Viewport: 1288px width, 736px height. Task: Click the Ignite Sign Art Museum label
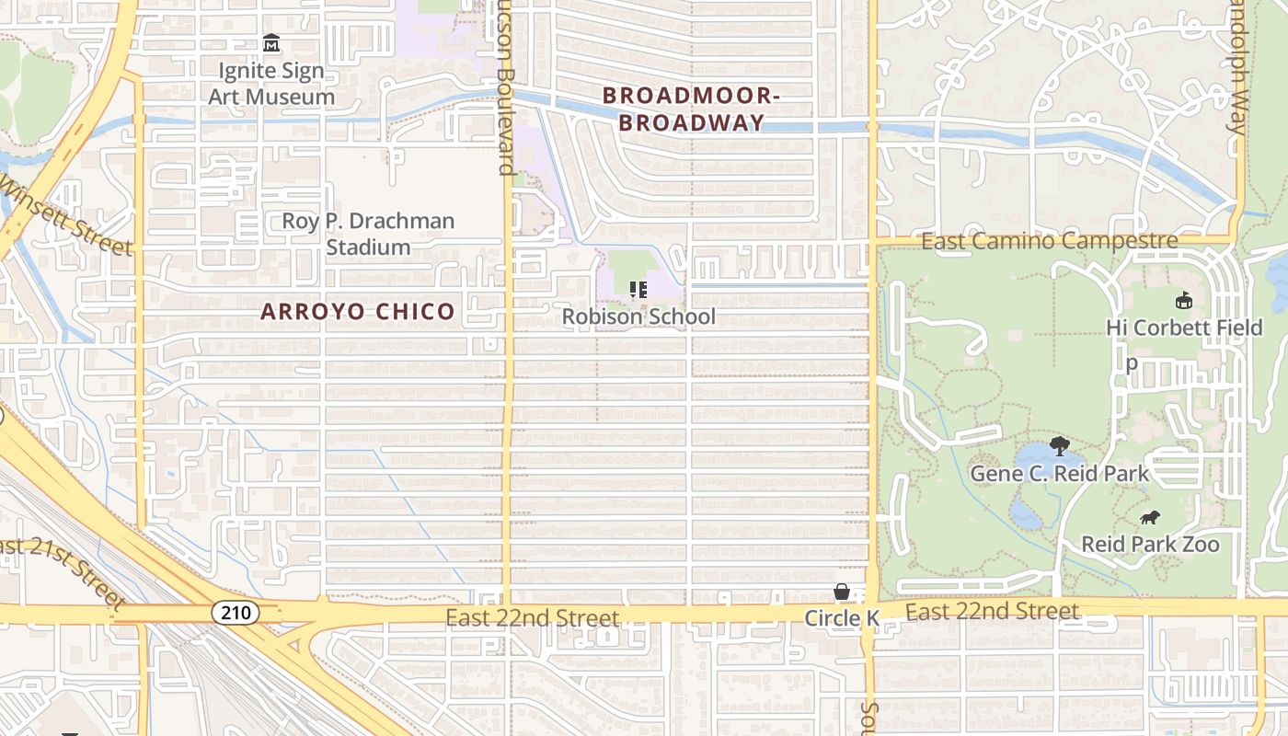(271, 84)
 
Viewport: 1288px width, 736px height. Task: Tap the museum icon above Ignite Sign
(271, 43)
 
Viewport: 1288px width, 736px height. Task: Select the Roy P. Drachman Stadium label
(368, 234)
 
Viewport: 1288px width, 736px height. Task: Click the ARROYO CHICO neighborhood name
(358, 312)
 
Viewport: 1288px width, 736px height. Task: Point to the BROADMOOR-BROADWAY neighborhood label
(691, 109)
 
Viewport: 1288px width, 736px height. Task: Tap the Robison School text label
(638, 317)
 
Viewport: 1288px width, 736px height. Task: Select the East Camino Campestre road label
(1049, 242)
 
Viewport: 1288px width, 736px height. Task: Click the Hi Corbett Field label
(1184, 328)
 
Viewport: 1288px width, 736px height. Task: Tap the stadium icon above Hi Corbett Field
(1183, 300)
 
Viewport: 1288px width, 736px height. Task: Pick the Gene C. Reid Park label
(1060, 474)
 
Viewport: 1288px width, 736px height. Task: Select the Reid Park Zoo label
(1150, 544)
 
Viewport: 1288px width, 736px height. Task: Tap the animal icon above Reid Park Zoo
(1150, 518)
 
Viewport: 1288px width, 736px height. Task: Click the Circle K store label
(842, 618)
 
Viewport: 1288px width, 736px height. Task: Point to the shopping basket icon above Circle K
(842, 592)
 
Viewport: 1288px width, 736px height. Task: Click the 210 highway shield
(235, 612)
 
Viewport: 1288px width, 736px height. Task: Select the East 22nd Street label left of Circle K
(533, 617)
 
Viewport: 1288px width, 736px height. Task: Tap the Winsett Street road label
(67, 216)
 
